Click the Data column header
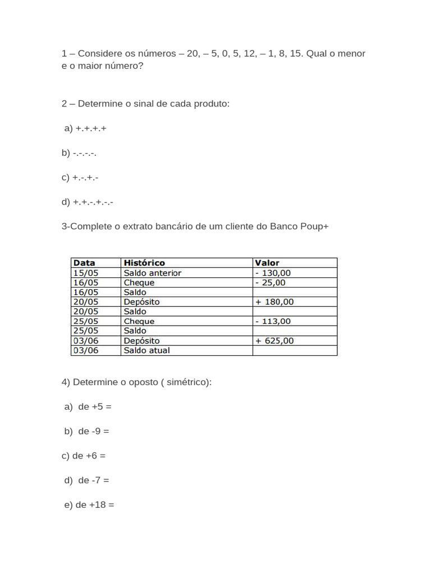[x=84, y=263]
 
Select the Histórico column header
[x=144, y=263]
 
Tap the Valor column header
[x=267, y=263]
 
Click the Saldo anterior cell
[x=152, y=273]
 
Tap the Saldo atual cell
[x=146, y=350]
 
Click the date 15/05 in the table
[x=86, y=273]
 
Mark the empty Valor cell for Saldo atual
[x=295, y=350]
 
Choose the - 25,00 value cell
[x=270, y=283]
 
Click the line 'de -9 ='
[x=93, y=431]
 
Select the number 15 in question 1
[x=296, y=54]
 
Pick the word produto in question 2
[x=212, y=104]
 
